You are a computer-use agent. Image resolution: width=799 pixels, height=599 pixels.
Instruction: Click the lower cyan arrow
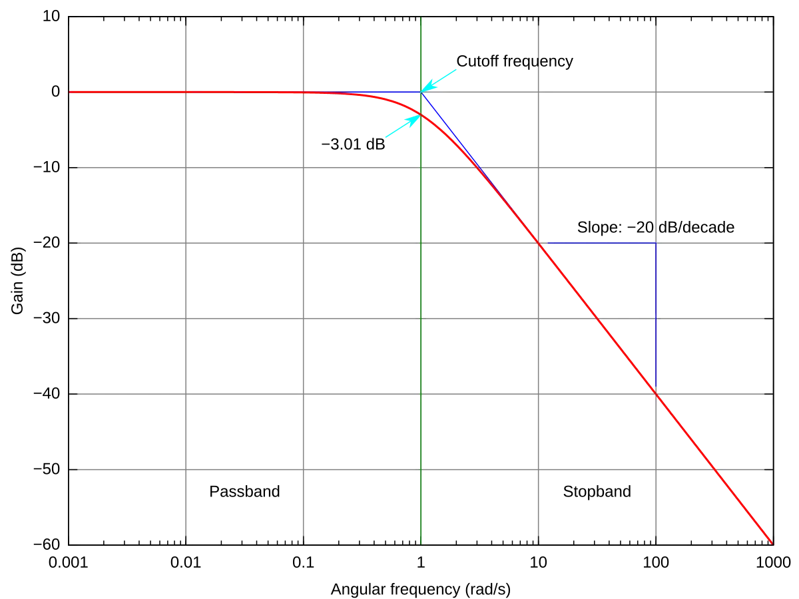(402, 126)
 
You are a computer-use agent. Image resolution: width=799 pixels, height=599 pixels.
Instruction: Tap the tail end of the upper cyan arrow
(457, 67)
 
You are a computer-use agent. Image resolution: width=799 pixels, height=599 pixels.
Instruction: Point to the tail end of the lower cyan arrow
(385, 137)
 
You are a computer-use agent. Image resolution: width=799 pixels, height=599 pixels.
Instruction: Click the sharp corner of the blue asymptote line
(421, 92)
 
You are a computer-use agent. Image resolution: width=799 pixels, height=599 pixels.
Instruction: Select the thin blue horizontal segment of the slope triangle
(599, 242)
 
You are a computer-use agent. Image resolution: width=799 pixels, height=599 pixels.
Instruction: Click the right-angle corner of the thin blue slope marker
(657, 242)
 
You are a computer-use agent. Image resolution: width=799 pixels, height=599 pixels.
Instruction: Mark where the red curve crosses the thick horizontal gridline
(657, 394)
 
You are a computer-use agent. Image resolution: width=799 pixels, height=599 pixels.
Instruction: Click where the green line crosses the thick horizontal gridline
(421, 394)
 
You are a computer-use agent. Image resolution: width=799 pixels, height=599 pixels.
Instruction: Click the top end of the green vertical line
(421, 19)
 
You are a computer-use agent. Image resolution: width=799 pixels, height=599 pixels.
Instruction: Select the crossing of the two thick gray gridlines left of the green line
(303, 394)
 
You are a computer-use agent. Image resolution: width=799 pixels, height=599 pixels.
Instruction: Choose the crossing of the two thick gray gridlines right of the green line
(537, 394)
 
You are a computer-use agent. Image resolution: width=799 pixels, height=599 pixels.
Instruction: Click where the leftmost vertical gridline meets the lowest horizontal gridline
(184, 471)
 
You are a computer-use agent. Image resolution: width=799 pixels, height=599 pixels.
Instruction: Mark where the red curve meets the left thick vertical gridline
(303, 92)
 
